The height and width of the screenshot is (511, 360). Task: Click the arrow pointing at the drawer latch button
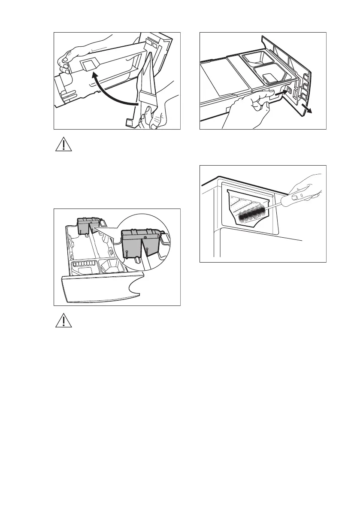280,91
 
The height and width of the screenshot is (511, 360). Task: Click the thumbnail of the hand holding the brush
296,198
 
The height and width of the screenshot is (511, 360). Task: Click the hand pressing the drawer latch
247,109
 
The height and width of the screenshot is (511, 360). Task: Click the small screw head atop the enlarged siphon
145,236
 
